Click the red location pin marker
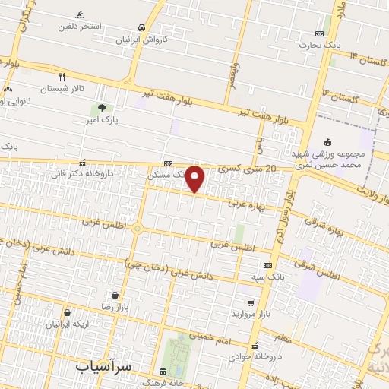pyautogui.click(x=195, y=179)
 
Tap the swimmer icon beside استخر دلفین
pyautogui.click(x=80, y=15)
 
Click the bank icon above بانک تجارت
pyautogui.click(x=319, y=33)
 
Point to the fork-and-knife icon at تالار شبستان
pyautogui.click(x=62, y=77)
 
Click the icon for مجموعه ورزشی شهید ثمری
pyautogui.click(x=327, y=141)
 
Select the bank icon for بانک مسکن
pyautogui.click(x=168, y=163)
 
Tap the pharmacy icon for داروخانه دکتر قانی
pyautogui.click(x=82, y=163)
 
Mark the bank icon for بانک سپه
pyautogui.click(x=267, y=265)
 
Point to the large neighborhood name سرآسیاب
pyautogui.click(x=103, y=366)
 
